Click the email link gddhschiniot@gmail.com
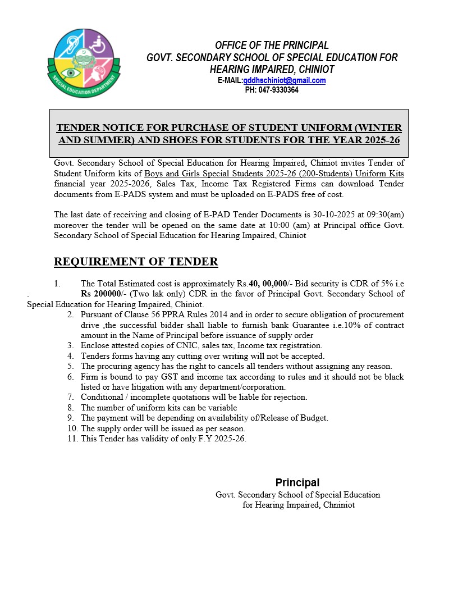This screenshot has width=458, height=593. point(285,80)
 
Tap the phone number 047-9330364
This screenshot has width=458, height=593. point(278,89)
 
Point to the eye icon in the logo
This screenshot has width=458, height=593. point(70,72)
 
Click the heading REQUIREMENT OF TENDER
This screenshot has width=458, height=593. point(136,262)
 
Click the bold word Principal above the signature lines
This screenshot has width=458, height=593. point(297,482)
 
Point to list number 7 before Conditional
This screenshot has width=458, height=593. point(70,397)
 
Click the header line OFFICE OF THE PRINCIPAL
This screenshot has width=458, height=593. point(272,45)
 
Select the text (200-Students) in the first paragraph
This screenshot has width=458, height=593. point(321,174)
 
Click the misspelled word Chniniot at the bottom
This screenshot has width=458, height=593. point(338,505)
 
